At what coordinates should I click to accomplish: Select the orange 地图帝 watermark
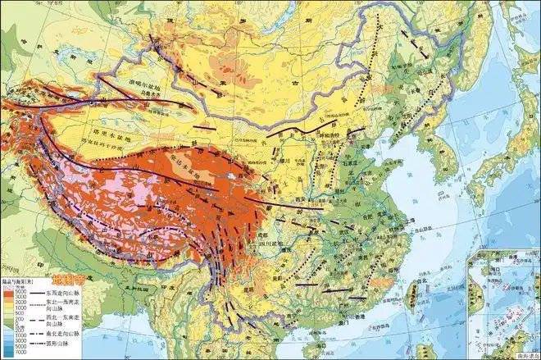click(x=68, y=268)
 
